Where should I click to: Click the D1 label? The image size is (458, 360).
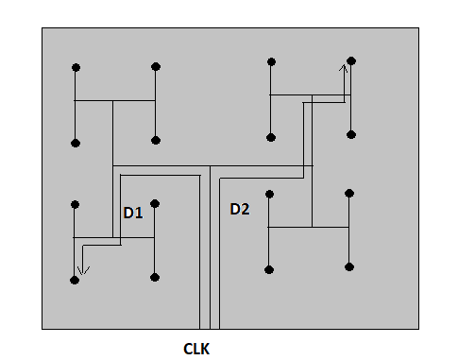click(x=132, y=213)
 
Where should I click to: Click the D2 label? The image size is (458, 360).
click(x=240, y=209)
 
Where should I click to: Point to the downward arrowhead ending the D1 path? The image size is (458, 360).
click(x=81, y=275)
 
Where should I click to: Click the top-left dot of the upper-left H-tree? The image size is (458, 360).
click(x=76, y=68)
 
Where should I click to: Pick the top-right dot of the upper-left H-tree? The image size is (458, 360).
click(x=155, y=67)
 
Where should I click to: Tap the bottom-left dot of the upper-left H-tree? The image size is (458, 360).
click(x=76, y=143)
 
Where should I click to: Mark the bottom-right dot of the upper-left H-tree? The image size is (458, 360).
click(x=155, y=141)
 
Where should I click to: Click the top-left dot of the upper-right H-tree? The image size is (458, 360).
click(x=271, y=61)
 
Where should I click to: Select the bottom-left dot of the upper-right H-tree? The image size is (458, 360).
click(x=271, y=136)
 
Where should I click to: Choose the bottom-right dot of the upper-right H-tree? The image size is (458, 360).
click(x=350, y=135)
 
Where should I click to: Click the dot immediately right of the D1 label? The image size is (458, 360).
click(x=155, y=203)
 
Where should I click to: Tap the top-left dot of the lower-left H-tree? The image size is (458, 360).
click(x=76, y=204)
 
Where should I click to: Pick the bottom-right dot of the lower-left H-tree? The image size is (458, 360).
click(x=155, y=278)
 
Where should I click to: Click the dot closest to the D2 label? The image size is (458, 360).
click(x=270, y=194)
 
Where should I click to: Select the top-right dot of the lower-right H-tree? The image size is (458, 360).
click(x=349, y=193)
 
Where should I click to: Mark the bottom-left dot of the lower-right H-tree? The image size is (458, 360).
click(x=270, y=268)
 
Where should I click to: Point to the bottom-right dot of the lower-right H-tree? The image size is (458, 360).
click(x=349, y=267)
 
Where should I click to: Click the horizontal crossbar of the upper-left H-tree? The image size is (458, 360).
click(x=114, y=100)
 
